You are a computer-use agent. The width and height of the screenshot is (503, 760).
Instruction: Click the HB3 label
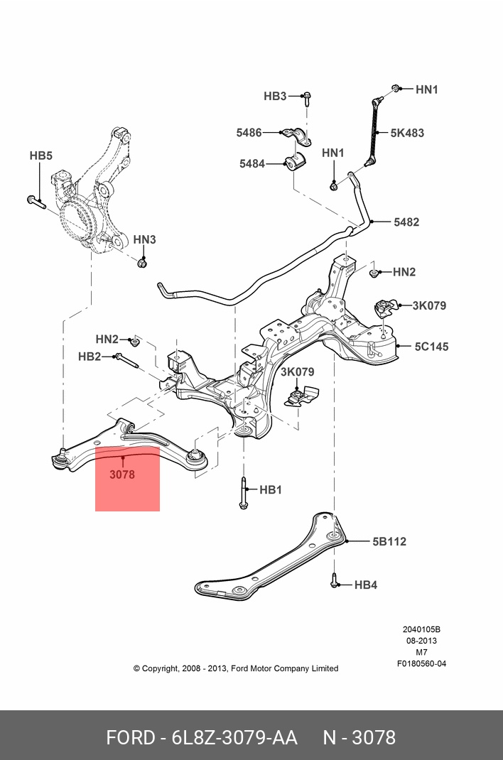274,96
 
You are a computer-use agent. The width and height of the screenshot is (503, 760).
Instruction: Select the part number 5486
249,132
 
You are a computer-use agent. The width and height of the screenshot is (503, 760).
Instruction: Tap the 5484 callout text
251,164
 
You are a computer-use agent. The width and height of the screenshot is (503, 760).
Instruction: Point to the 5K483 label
407,133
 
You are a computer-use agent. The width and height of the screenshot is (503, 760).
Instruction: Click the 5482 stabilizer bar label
406,222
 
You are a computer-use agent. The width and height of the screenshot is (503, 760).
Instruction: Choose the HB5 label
40,156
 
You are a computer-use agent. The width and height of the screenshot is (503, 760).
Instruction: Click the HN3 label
144,240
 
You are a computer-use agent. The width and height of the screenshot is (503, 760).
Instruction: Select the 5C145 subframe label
432,347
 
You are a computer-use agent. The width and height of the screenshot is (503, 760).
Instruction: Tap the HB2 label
90,357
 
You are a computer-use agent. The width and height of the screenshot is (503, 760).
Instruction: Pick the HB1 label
271,489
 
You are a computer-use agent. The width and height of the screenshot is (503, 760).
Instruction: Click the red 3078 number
122,474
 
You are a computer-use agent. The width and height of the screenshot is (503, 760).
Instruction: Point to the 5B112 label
389,541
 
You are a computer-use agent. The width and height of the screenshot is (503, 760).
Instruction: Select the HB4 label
365,585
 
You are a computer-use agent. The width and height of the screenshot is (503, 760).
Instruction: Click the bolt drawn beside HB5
36,202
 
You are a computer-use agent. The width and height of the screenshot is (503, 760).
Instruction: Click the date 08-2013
421,641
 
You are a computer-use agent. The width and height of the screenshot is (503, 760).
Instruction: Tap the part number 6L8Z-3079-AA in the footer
235,737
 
